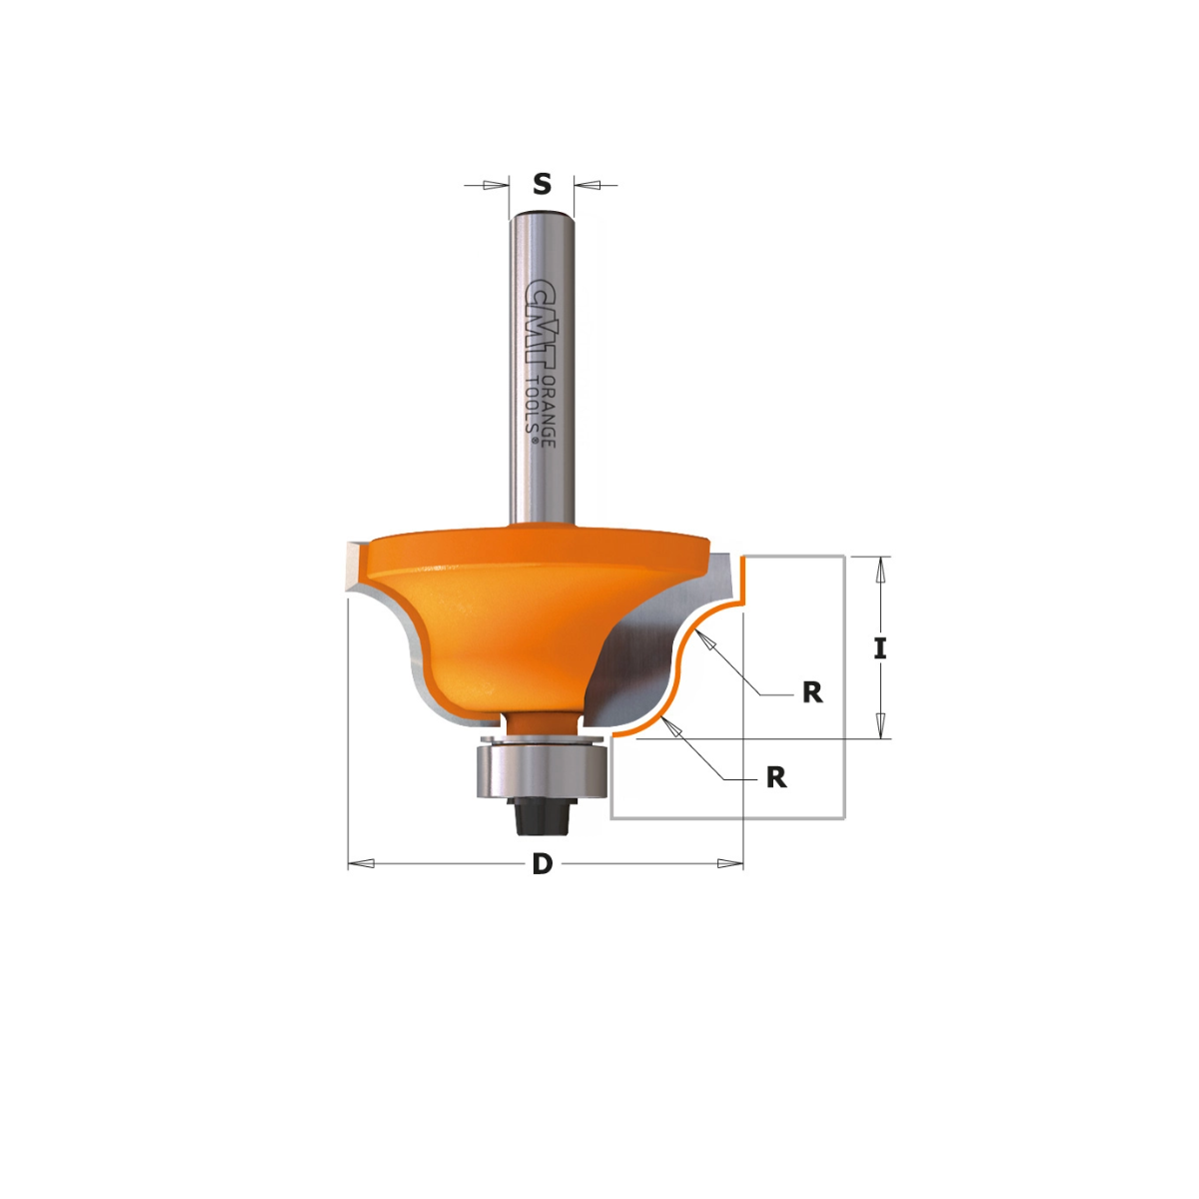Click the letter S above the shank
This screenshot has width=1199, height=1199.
(x=542, y=184)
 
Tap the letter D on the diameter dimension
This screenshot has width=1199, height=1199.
(x=542, y=864)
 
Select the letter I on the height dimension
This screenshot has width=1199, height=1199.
(x=879, y=648)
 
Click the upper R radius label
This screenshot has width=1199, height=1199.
(x=812, y=692)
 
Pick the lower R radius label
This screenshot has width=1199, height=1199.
(x=776, y=777)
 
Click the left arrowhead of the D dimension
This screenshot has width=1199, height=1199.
(x=361, y=863)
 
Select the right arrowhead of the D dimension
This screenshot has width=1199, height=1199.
(x=730, y=863)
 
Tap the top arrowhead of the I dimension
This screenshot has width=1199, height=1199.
(x=879, y=570)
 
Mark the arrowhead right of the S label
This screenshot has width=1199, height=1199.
(x=588, y=185)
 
